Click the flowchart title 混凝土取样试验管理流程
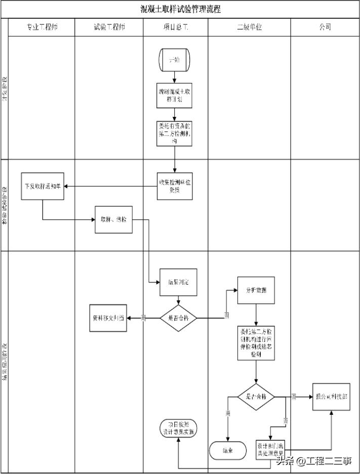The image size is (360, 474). click(180, 9)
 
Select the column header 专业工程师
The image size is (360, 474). click(42, 27)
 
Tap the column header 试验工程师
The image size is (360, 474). click(109, 27)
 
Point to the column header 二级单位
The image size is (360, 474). click(249, 27)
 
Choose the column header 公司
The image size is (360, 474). click(325, 27)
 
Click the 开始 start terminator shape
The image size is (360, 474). click(175, 60)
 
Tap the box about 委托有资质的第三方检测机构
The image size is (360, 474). click(175, 133)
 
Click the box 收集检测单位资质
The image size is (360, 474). click(175, 186)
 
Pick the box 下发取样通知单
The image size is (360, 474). click(43, 186)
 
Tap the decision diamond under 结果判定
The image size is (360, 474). click(178, 318)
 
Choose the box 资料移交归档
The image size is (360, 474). click(108, 318)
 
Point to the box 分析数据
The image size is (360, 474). click(256, 290)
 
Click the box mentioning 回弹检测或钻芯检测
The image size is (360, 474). click(256, 342)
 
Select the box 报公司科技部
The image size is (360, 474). click(331, 397)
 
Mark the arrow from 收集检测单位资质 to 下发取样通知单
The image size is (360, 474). click(111, 186)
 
